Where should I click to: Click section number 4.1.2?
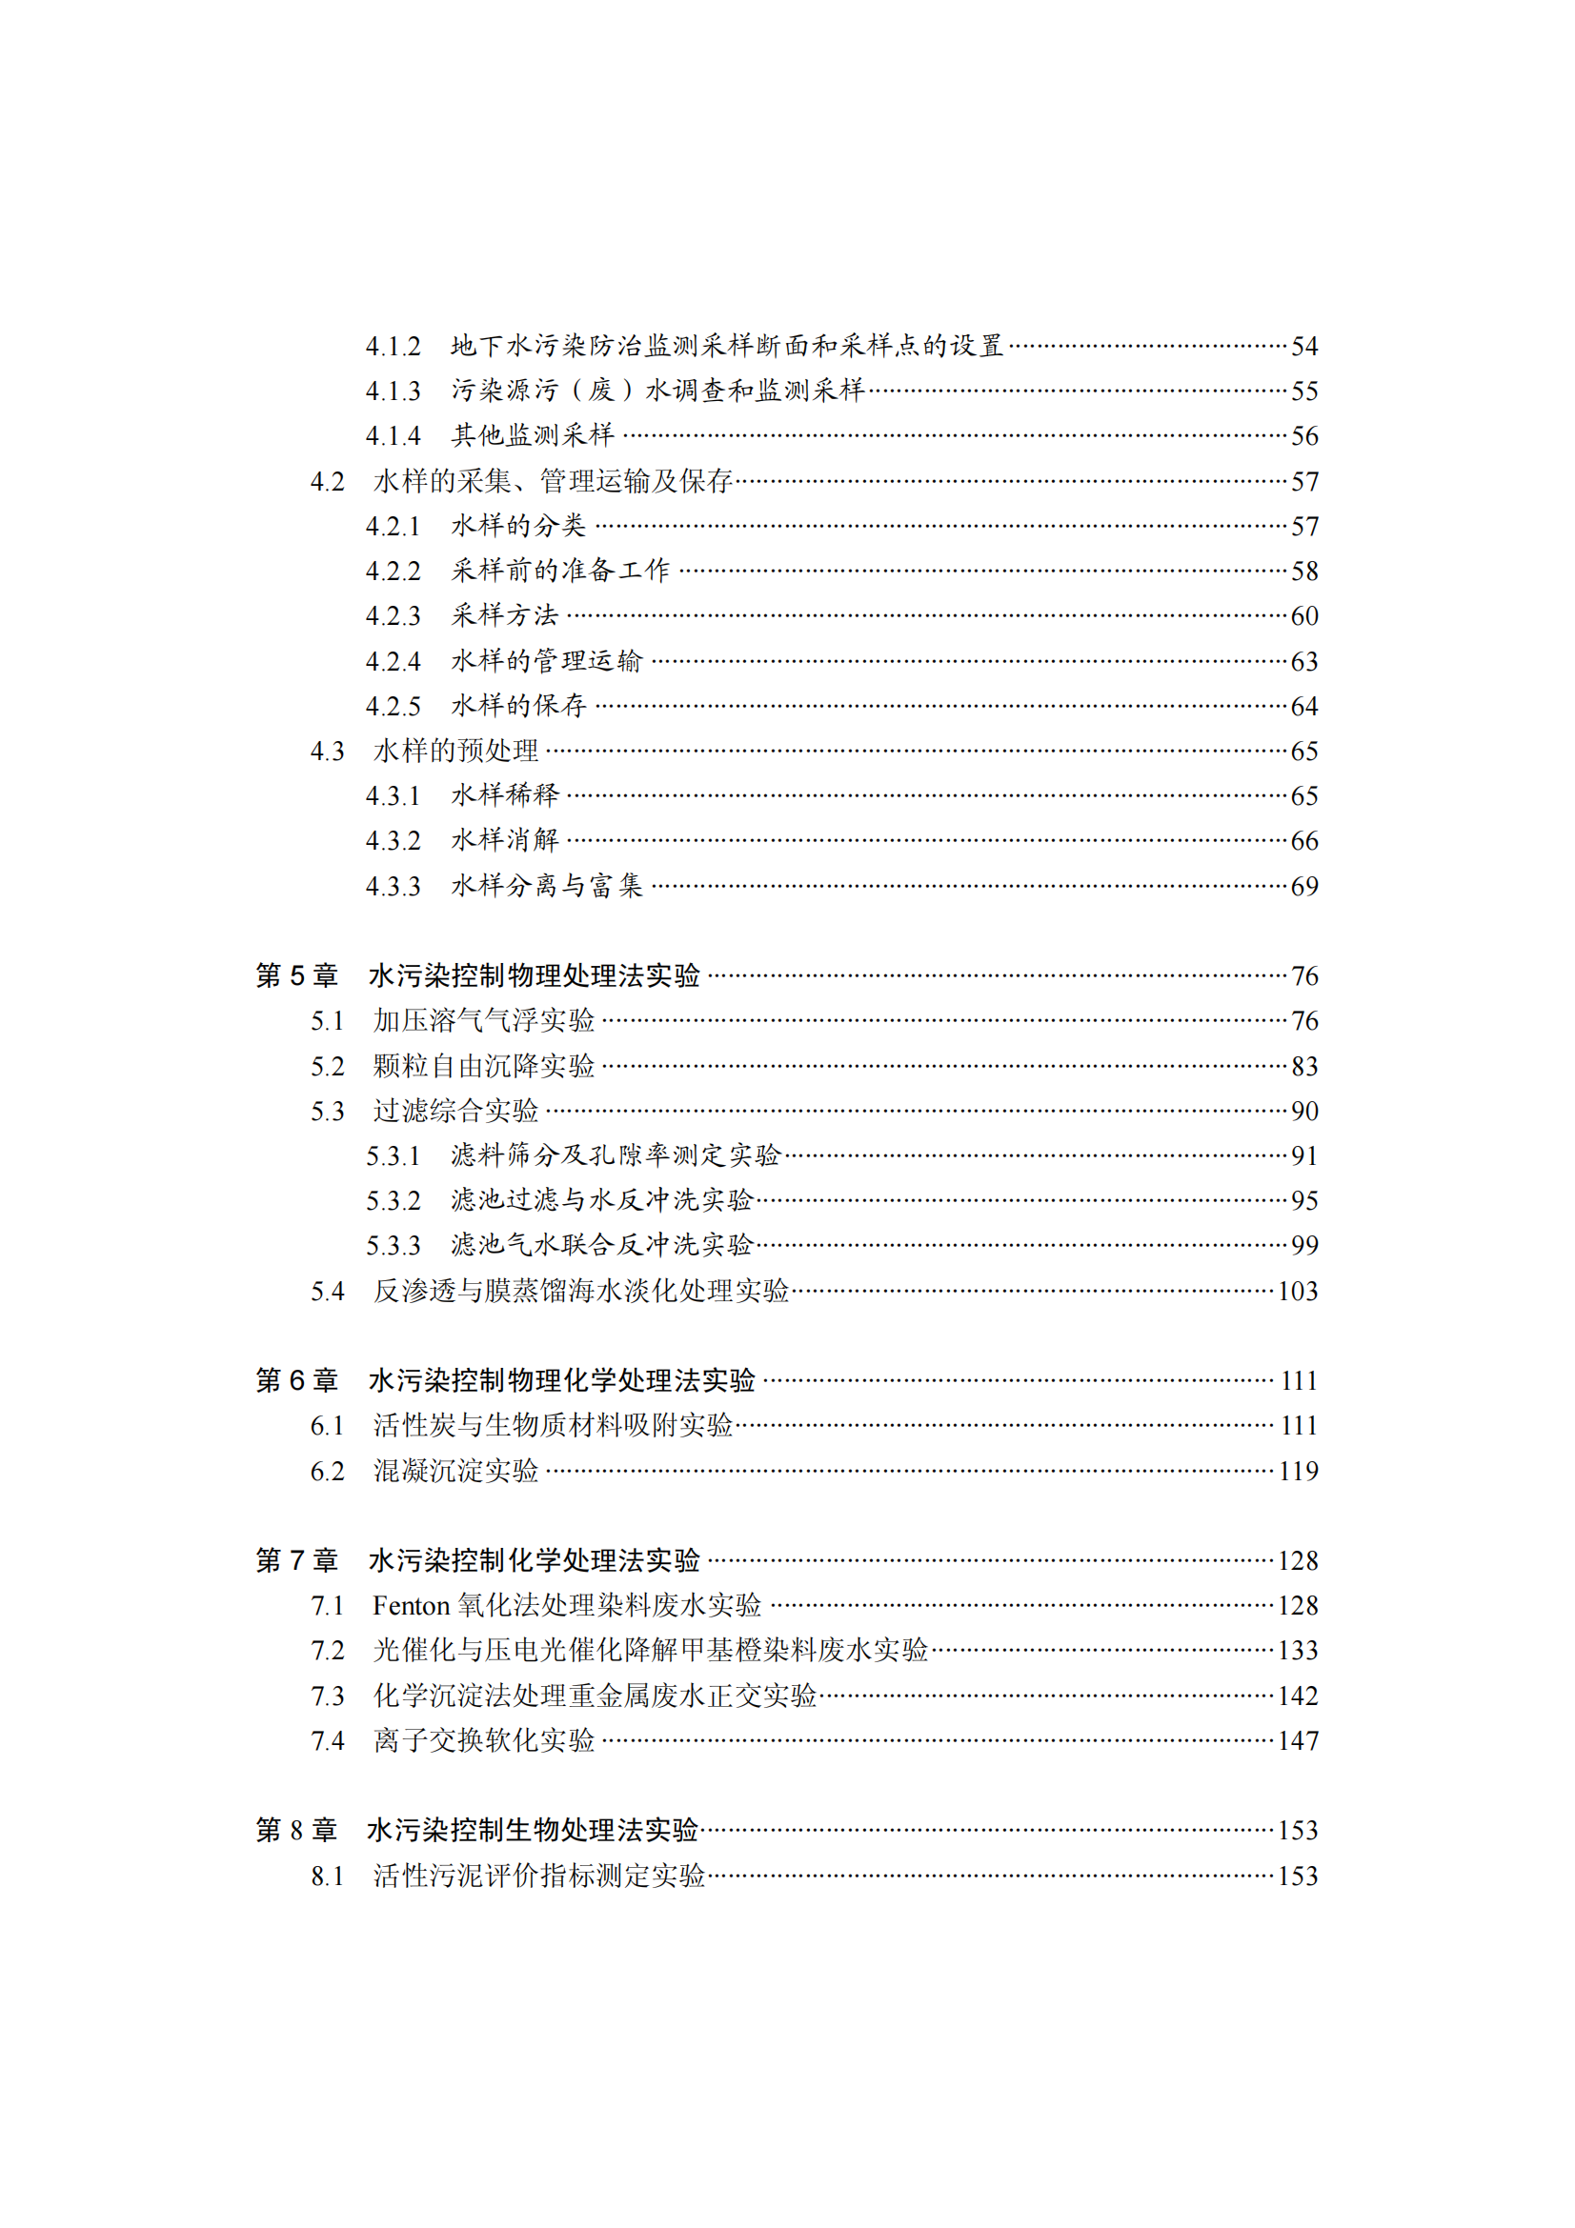click(392, 347)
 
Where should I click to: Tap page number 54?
click(1303, 347)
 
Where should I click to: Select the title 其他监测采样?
click(532, 435)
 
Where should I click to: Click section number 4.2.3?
click(392, 616)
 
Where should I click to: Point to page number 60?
click(1303, 616)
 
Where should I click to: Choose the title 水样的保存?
click(518, 706)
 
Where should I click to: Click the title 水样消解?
click(505, 840)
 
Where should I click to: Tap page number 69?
click(1303, 886)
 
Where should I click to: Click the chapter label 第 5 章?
click(296, 975)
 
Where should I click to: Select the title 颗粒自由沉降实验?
click(483, 1066)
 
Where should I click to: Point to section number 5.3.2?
click(392, 1201)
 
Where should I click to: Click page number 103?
click(1298, 1291)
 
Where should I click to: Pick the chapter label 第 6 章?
click(296, 1380)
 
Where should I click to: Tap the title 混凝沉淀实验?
click(455, 1471)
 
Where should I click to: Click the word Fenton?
click(411, 1606)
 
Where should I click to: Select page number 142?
click(1298, 1696)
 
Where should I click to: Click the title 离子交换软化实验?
click(483, 1741)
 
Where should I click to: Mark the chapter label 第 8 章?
click(296, 1830)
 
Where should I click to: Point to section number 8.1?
click(327, 1876)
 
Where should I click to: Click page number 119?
click(1298, 1471)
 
